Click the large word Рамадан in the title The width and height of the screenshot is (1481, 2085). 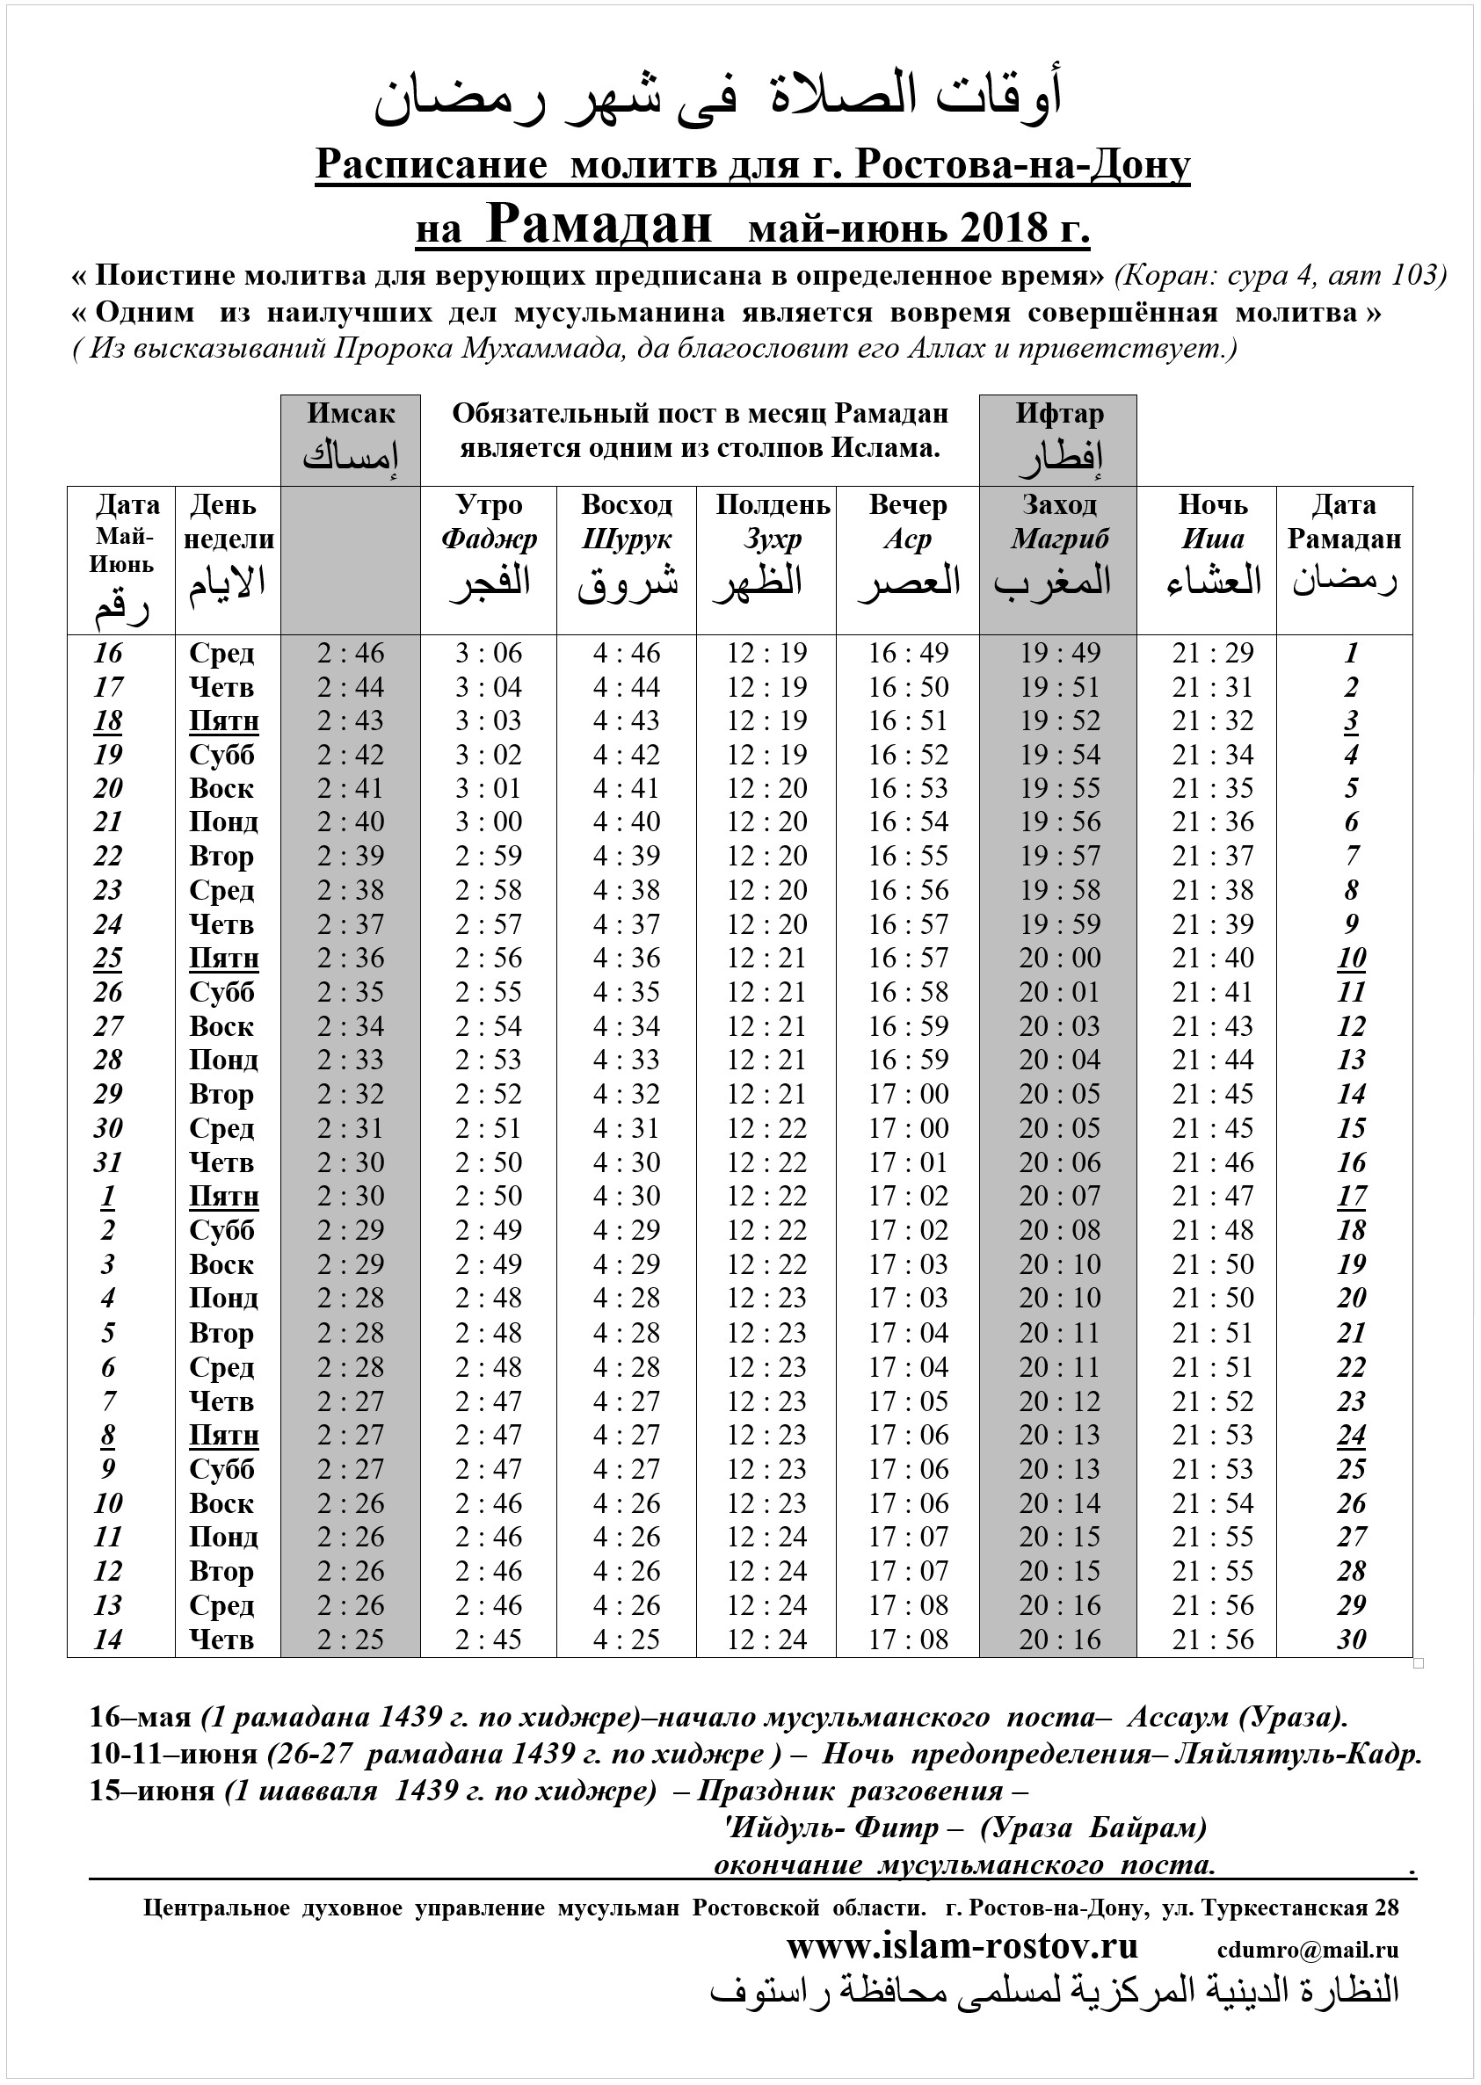[x=599, y=224]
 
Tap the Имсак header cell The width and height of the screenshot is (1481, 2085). [x=350, y=439]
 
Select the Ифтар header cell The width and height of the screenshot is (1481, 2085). [x=1059, y=439]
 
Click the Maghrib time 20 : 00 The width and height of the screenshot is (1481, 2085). [x=1060, y=959]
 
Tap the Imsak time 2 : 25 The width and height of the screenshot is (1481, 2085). [x=350, y=1640]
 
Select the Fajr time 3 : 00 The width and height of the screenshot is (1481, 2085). [x=489, y=822]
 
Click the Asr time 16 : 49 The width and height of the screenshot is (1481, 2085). [x=908, y=653]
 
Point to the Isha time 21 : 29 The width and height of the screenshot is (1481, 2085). [x=1213, y=653]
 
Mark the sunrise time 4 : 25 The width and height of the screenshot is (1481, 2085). [x=627, y=1640]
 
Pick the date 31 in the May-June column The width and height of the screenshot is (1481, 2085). [x=107, y=1162]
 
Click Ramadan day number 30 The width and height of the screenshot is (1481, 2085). [x=1351, y=1640]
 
